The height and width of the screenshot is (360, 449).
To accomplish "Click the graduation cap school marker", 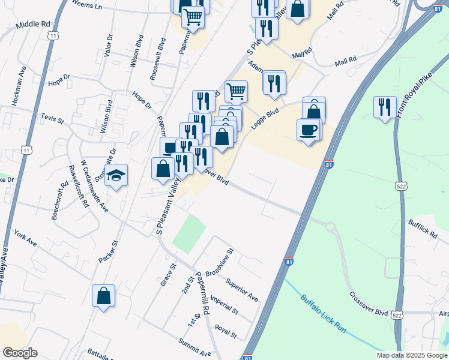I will click(116, 176).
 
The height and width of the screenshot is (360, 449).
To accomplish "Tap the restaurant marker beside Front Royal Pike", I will click(384, 107).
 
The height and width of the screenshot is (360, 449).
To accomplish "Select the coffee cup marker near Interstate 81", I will click(308, 131).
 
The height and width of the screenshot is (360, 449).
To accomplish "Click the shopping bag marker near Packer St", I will click(103, 296).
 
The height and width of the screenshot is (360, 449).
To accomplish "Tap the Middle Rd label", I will click(33, 25).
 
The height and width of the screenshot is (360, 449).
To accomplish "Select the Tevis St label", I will click(52, 117).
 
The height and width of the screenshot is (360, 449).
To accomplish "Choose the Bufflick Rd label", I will click(423, 229).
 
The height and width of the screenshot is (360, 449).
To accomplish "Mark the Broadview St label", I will click(218, 262).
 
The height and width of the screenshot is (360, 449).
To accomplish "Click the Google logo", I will click(20, 353).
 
